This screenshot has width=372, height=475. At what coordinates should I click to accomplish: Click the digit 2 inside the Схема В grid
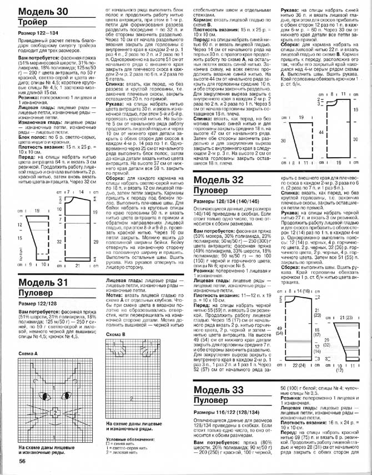(x=131, y=399)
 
